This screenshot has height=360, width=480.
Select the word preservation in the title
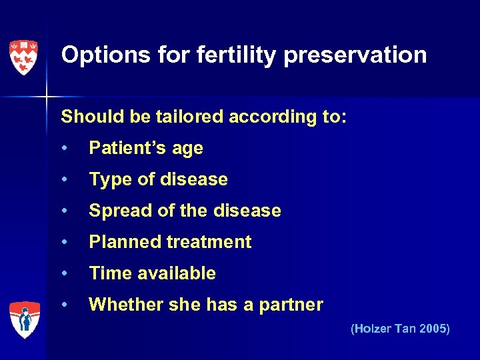click(355, 55)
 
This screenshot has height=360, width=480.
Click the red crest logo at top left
click(23, 57)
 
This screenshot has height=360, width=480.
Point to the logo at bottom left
click(24, 319)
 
